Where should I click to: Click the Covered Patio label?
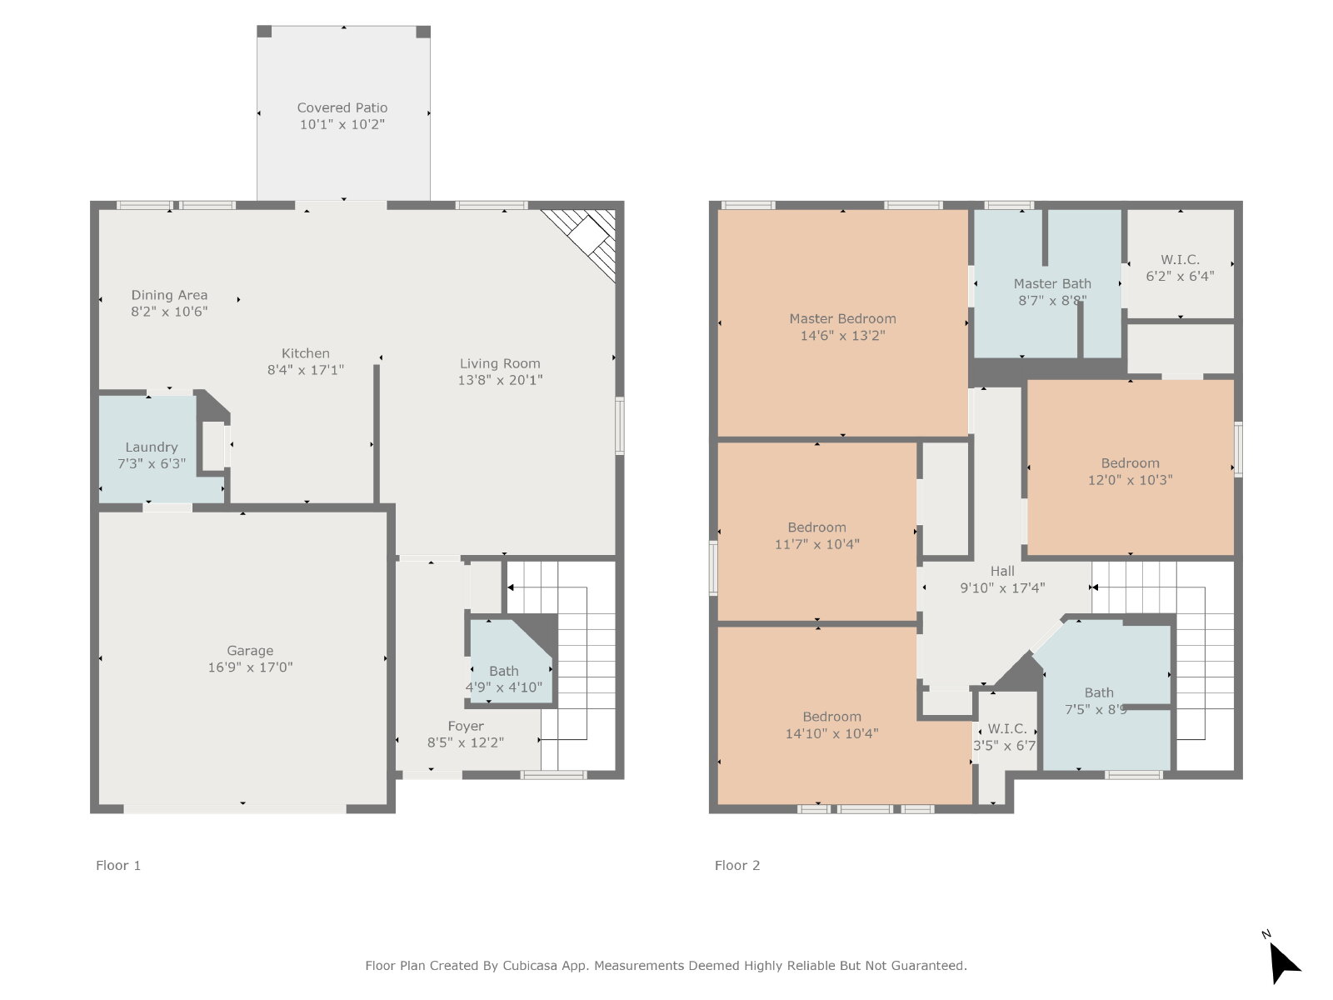click(x=342, y=108)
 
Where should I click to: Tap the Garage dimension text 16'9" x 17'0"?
click(x=250, y=667)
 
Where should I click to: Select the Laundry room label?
click(x=152, y=447)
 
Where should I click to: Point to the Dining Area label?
click(x=169, y=295)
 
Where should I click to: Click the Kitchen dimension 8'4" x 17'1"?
click(x=306, y=370)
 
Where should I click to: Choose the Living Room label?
click(x=500, y=363)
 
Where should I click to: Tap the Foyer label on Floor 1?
click(x=466, y=726)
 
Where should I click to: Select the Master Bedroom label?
click(x=842, y=319)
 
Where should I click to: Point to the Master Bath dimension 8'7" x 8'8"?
click(x=1052, y=301)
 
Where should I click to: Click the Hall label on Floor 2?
click(x=1002, y=572)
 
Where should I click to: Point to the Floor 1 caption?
click(x=118, y=866)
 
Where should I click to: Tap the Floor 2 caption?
click(x=737, y=866)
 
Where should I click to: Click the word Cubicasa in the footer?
click(x=530, y=965)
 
